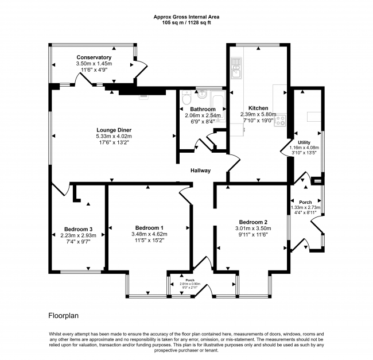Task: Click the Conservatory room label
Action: point(94,57)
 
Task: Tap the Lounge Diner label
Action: point(114,130)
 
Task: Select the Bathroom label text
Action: point(203,109)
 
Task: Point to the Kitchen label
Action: point(258,108)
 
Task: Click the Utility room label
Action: point(304,142)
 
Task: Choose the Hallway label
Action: point(200,171)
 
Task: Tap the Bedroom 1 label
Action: point(149,228)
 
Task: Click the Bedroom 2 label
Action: point(253,222)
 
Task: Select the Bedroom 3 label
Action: point(78,229)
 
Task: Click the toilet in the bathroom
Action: point(186,98)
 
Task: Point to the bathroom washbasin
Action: point(202,95)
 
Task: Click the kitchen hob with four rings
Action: point(280,120)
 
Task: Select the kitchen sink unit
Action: point(236,68)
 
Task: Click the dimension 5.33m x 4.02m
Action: point(114,136)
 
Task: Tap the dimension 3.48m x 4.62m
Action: point(149,234)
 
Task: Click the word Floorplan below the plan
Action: point(64,316)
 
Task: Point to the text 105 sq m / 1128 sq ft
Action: point(187,23)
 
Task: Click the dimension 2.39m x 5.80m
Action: point(258,114)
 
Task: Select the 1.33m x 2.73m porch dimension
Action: point(306,207)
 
